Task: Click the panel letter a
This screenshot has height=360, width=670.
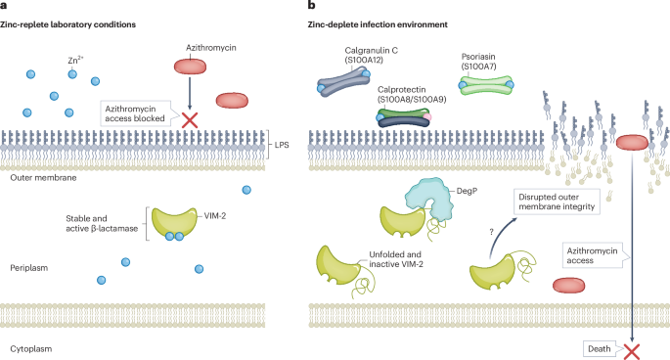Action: pyautogui.click(x=5, y=6)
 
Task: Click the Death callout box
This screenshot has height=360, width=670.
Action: pyautogui.click(x=598, y=347)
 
